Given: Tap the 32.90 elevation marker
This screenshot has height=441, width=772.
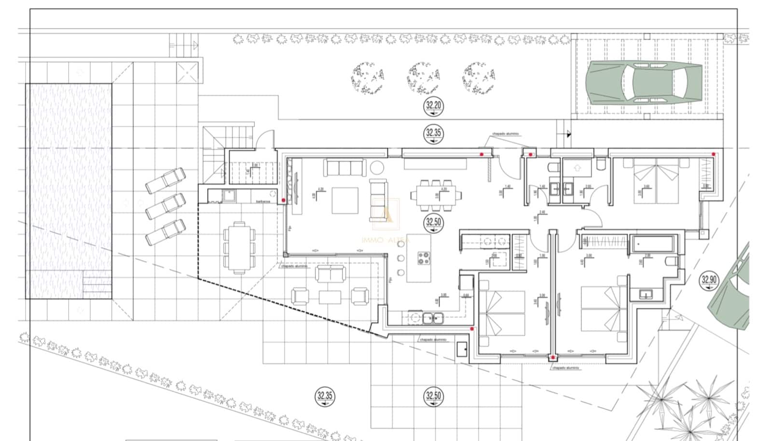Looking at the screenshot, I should pyautogui.click(x=709, y=280).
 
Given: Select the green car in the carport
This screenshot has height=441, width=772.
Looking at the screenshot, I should pyautogui.click(x=644, y=82).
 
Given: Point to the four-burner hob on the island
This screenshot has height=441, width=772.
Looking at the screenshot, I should pyautogui.click(x=424, y=258).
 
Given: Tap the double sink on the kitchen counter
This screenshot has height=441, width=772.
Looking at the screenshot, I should pyautogui.click(x=433, y=318).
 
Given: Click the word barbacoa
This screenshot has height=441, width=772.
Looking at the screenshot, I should pyautogui.click(x=263, y=201).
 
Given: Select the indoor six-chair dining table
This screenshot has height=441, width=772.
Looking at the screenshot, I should pyautogui.click(x=436, y=196).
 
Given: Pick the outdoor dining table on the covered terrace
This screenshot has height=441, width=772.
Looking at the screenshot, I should pyautogui.click(x=239, y=248).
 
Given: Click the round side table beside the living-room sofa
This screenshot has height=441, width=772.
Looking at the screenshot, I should pyautogui.click(x=377, y=168).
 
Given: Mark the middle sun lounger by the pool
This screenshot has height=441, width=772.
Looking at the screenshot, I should pyautogui.click(x=165, y=206).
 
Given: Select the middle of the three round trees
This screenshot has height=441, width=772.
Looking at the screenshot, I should pyautogui.click(x=423, y=78).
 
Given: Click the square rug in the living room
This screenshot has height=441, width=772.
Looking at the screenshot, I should pyautogui.click(x=345, y=200).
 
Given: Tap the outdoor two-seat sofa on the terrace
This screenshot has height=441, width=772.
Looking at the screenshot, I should pyautogui.click(x=331, y=273).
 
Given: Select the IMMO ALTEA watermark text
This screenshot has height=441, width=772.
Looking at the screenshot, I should pyautogui.click(x=386, y=240).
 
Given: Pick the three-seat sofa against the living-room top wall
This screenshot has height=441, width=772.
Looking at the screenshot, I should pyautogui.click(x=345, y=167).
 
